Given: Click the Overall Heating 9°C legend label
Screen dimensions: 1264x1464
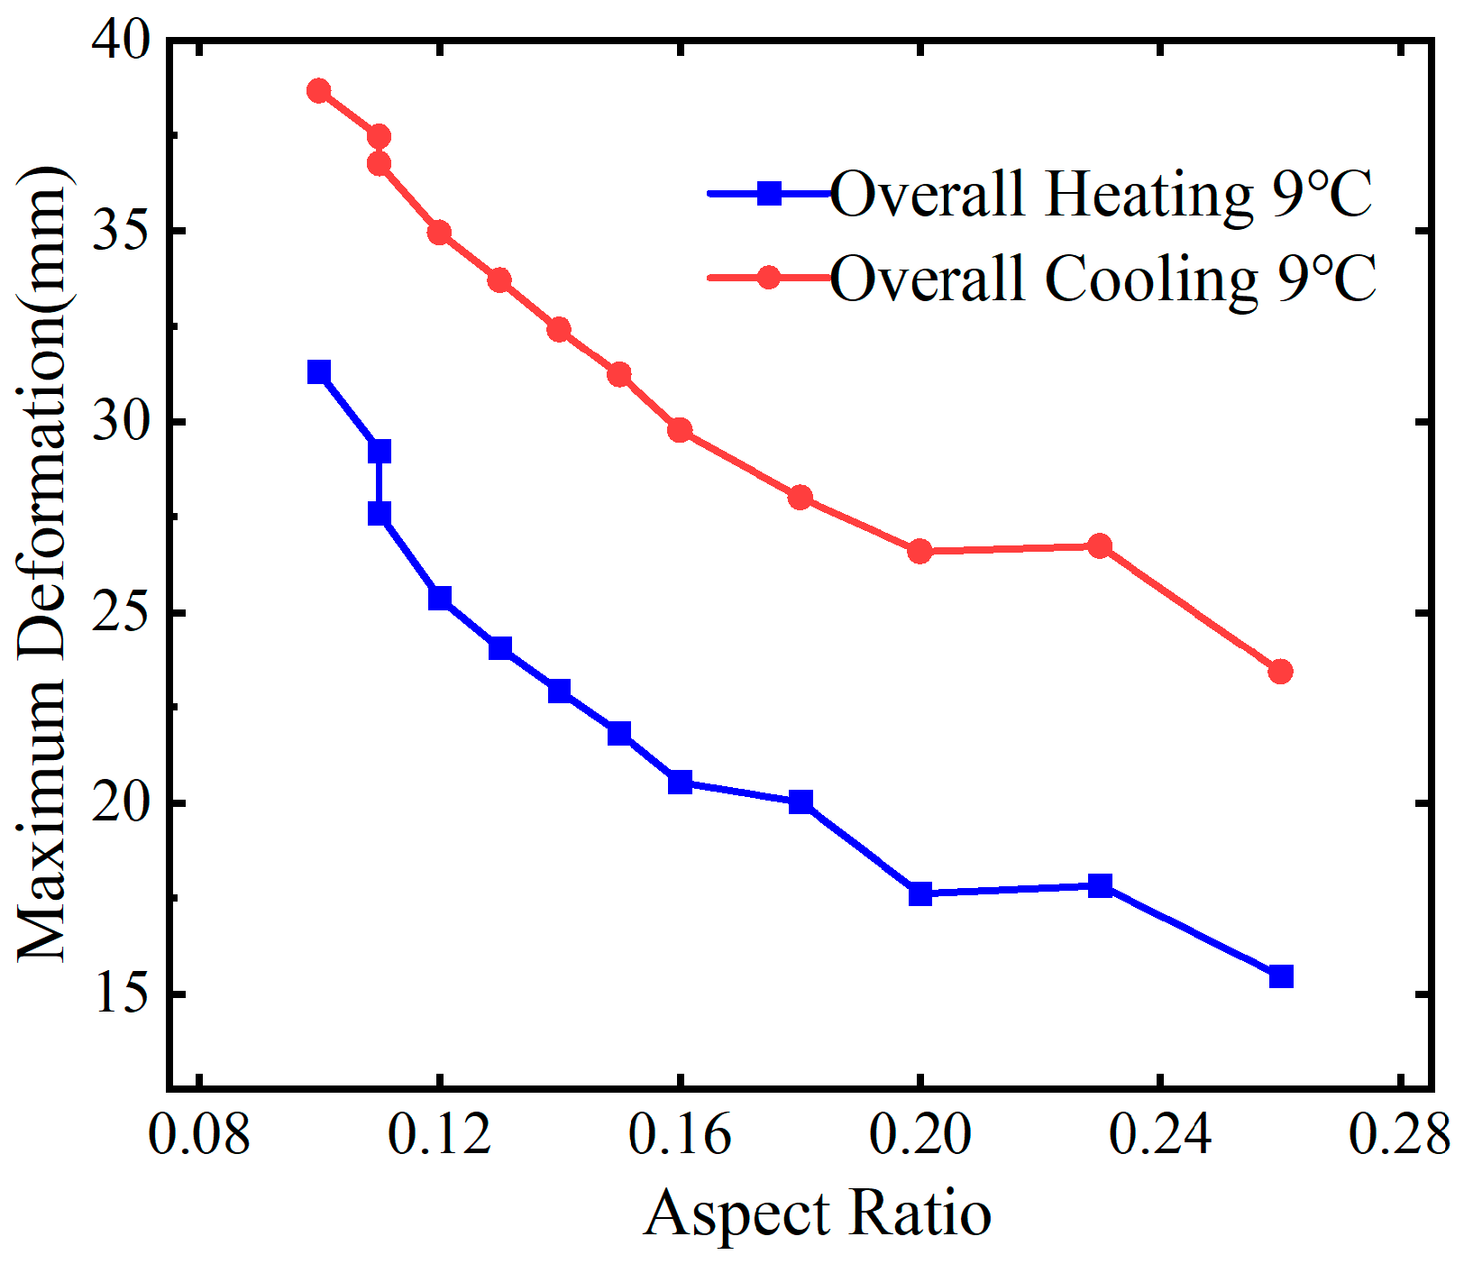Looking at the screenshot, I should point(1101,194).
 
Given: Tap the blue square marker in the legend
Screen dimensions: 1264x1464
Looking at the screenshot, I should point(769,193).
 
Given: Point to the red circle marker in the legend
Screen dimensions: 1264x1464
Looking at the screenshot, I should point(769,277).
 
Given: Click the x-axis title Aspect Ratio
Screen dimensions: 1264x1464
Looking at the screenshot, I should point(818,1214).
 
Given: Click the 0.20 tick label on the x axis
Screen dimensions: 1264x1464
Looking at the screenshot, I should point(920,1134).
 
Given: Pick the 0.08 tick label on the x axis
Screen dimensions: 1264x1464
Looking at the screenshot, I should point(198,1134).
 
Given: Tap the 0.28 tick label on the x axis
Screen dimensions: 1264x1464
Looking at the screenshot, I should point(1399,1134).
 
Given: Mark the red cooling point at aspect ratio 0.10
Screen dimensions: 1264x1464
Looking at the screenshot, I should point(319,91).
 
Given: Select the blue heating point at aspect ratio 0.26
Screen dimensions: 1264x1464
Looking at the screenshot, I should point(1281,976).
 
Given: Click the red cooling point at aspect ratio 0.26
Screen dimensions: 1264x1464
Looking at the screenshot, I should point(1281,672).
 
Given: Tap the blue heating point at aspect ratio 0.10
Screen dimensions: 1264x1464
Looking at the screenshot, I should point(319,372).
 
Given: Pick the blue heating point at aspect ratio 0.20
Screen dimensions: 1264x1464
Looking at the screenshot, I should point(920,894).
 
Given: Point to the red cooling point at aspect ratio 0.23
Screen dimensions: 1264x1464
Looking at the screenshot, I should point(1100,546).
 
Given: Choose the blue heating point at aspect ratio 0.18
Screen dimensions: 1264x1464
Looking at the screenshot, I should point(801,801).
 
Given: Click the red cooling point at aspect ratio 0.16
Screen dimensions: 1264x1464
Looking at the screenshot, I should point(680,430).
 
